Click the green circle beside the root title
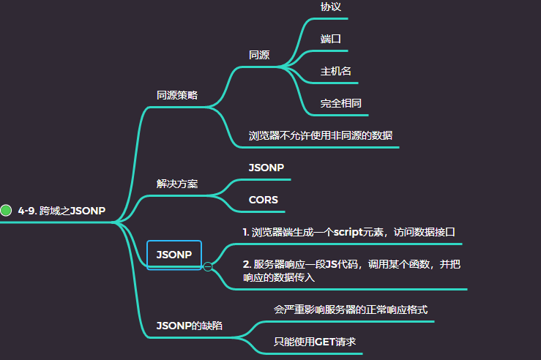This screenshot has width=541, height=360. click(x=7, y=211)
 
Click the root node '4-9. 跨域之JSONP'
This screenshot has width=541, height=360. click(x=61, y=211)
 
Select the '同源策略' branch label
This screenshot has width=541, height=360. click(x=177, y=95)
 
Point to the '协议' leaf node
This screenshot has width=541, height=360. click(x=330, y=6)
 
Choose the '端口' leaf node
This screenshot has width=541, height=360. click(x=331, y=38)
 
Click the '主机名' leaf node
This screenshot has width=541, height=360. click(x=336, y=71)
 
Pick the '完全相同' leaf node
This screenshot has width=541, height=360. click(x=340, y=103)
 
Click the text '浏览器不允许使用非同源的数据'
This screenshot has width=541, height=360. click(x=321, y=135)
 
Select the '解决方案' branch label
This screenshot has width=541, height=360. click(x=177, y=184)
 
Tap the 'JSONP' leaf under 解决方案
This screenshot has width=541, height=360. click(x=266, y=167)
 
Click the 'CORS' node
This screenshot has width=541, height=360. click(x=264, y=199)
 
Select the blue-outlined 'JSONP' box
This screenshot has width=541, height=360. click(x=174, y=255)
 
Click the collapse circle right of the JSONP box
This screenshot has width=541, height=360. click(x=207, y=266)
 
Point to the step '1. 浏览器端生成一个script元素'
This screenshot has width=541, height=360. click(x=349, y=231)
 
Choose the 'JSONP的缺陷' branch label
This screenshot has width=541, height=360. click(x=190, y=325)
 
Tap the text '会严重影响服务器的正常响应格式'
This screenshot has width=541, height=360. click(x=351, y=310)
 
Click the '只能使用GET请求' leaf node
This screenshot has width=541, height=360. click(x=314, y=342)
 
